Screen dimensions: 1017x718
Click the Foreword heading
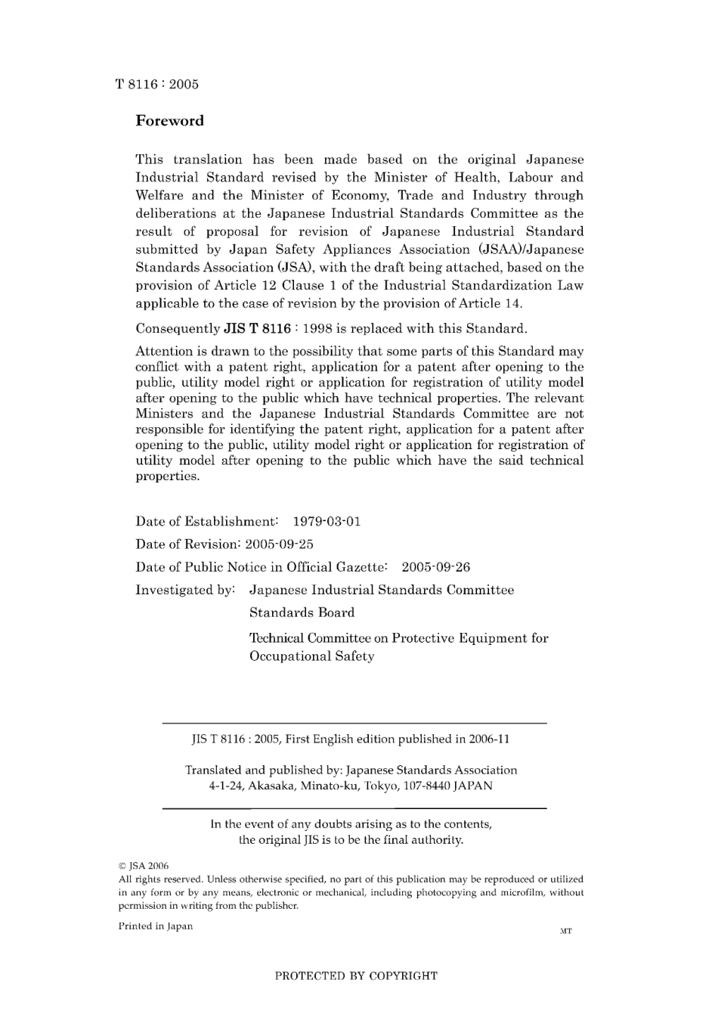(x=169, y=121)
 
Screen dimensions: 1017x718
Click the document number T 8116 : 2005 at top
(x=157, y=85)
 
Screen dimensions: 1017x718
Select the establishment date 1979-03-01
(x=327, y=522)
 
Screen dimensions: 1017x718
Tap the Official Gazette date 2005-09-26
(x=435, y=567)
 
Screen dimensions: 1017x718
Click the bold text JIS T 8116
(x=257, y=329)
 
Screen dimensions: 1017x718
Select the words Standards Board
(x=302, y=612)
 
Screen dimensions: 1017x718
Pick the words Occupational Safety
(x=311, y=656)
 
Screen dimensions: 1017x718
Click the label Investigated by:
(x=185, y=590)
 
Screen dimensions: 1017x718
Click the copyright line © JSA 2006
(x=144, y=866)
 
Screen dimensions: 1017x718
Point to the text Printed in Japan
(x=156, y=926)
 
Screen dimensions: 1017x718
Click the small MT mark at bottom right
(x=565, y=931)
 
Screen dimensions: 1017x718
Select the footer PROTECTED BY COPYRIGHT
(x=356, y=975)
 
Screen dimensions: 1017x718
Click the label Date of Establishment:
(x=206, y=522)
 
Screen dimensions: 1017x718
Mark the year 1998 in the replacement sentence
(x=317, y=329)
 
